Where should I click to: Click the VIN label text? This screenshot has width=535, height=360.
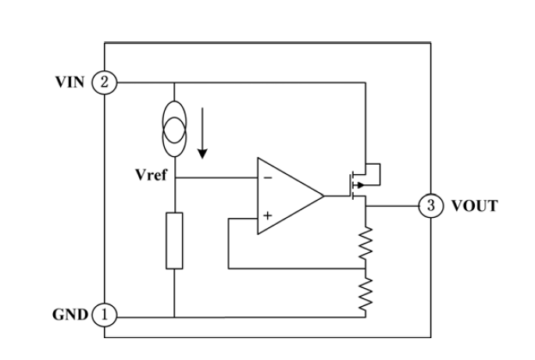pos(70,82)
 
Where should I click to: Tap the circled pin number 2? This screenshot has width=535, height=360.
pos(104,82)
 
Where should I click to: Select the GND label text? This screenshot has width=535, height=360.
pos(70,314)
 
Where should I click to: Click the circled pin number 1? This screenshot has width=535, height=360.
pos(104,314)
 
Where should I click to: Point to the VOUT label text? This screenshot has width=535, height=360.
pos(475,205)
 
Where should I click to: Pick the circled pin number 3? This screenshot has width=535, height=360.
pos(431,205)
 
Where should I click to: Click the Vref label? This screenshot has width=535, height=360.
pos(152,175)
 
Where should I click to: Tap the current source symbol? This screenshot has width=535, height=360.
pos(174,129)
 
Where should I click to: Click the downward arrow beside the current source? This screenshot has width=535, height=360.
pos(202,133)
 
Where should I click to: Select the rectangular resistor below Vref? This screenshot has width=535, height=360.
pos(174,241)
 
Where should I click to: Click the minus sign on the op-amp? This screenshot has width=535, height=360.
pos(268,177)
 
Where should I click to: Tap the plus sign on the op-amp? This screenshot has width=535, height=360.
pos(268,216)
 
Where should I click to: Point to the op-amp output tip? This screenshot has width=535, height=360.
pos(323,196)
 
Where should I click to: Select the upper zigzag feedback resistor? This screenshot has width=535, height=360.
pos(366,243)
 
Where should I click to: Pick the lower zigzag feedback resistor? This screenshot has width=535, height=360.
pos(366,294)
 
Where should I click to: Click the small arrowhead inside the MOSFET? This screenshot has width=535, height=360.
pos(360,185)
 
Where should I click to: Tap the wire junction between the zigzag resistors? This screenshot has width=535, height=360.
pos(366,269)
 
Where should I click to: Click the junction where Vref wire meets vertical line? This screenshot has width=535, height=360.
pos(174,177)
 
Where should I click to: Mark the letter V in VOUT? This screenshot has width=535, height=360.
pos(457,205)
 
